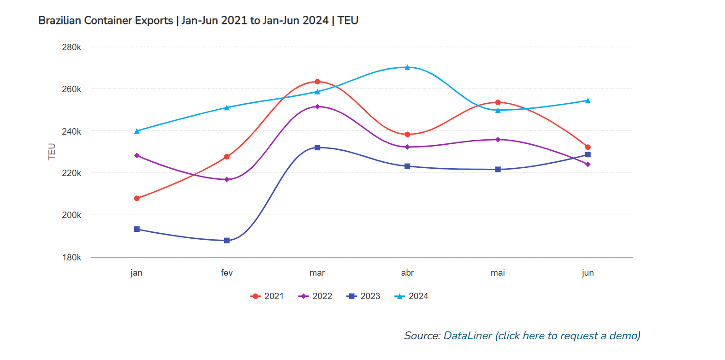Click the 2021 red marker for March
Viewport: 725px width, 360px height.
[x=317, y=82]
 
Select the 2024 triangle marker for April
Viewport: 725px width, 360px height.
[x=407, y=67]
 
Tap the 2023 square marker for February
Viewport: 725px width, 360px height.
[x=227, y=241]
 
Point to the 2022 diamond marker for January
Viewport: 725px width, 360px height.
[x=137, y=155]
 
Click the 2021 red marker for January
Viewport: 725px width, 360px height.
[x=137, y=198]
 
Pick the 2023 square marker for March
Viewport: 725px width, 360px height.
[x=317, y=148]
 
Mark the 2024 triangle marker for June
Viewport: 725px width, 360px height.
[x=588, y=100]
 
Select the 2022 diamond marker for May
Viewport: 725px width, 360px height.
[x=498, y=140]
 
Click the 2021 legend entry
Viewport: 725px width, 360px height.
[x=267, y=296]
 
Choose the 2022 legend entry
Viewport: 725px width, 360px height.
[x=315, y=296]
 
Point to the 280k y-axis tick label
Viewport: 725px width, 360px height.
[x=71, y=47]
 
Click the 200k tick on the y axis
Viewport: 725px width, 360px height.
[x=71, y=215]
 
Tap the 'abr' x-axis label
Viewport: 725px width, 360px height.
[x=407, y=273]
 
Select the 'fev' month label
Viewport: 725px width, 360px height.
[x=227, y=273]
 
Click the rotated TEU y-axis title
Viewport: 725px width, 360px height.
[x=52, y=152]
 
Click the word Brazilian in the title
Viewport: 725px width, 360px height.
[x=59, y=21]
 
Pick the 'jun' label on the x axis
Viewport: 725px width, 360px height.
[x=588, y=273]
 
